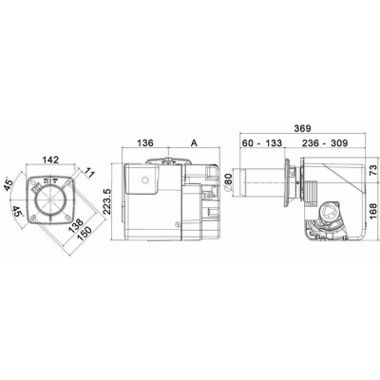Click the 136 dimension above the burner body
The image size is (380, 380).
click(x=145, y=144)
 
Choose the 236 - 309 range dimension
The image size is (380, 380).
click(x=320, y=143)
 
